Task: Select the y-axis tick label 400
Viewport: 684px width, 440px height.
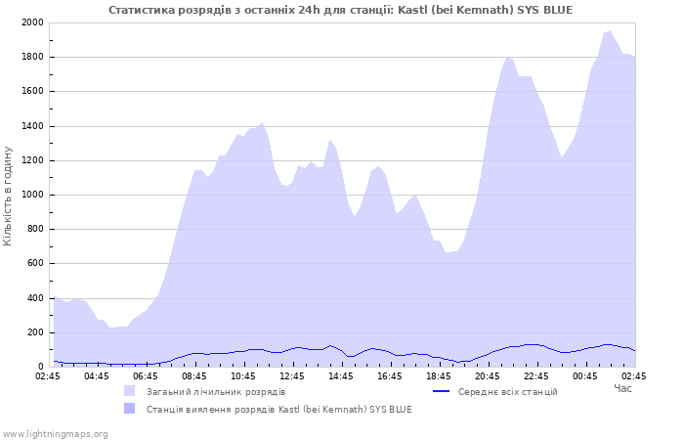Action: click(x=34, y=298)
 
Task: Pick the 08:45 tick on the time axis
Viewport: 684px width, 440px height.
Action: click(x=194, y=375)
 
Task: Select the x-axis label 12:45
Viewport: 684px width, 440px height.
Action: click(x=292, y=375)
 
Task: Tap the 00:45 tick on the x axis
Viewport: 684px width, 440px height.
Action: click(x=585, y=375)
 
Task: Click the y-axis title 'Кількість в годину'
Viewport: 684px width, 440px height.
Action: click(x=9, y=196)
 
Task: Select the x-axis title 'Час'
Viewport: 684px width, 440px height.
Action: click(x=622, y=388)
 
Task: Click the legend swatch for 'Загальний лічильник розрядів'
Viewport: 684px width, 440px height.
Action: click(x=130, y=391)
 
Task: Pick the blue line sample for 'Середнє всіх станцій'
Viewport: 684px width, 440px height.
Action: click(x=442, y=391)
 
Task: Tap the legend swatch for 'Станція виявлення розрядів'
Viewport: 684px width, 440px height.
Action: click(x=130, y=409)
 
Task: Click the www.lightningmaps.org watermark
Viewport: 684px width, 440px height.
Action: click(x=56, y=433)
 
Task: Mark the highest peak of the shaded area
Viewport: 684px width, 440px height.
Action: click(x=610, y=31)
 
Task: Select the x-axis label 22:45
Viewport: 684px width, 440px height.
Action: click(x=536, y=375)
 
